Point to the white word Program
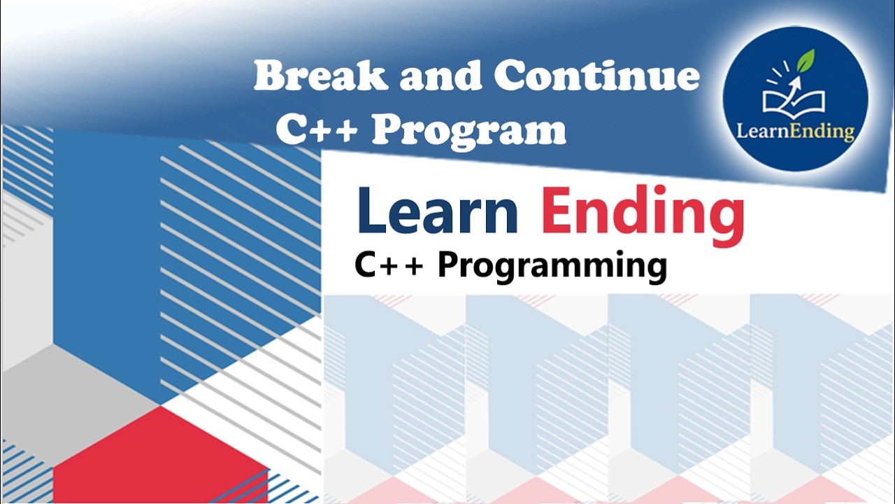point(468,130)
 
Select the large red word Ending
point(643,214)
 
